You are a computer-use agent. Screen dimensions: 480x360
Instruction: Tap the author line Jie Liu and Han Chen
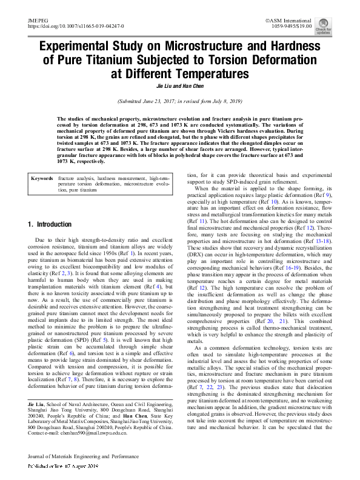point(179,86)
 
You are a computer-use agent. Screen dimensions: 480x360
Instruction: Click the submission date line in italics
point(179,102)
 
